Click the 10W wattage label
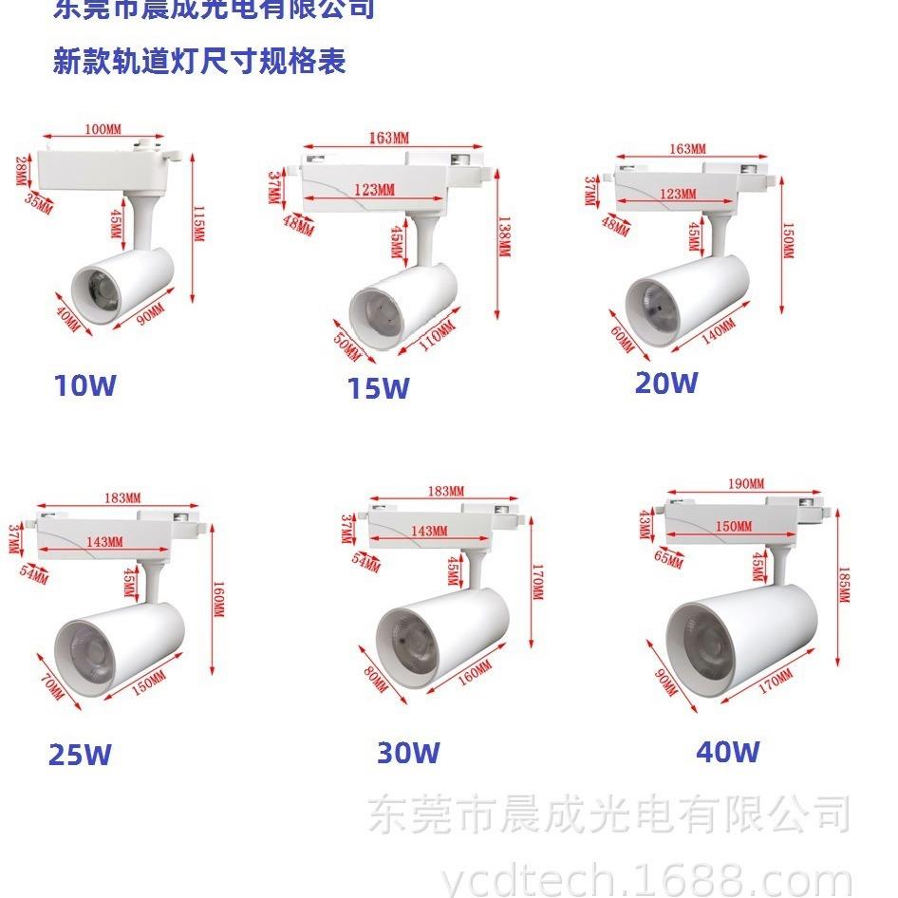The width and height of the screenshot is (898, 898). pyautogui.click(x=85, y=385)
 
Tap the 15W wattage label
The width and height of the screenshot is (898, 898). pyautogui.click(x=378, y=388)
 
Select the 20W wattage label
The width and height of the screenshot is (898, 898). pyautogui.click(x=666, y=383)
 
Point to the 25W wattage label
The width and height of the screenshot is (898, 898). pyautogui.click(x=80, y=756)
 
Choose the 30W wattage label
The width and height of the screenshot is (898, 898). pyautogui.click(x=408, y=753)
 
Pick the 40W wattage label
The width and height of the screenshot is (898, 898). pyautogui.click(x=728, y=752)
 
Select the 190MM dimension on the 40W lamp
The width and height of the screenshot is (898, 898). pyautogui.click(x=746, y=484)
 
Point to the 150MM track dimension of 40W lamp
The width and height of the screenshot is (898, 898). pyautogui.click(x=732, y=526)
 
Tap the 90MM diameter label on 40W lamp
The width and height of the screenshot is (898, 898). pyautogui.click(x=666, y=682)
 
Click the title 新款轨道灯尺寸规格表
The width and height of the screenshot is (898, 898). pyautogui.click(x=200, y=63)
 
